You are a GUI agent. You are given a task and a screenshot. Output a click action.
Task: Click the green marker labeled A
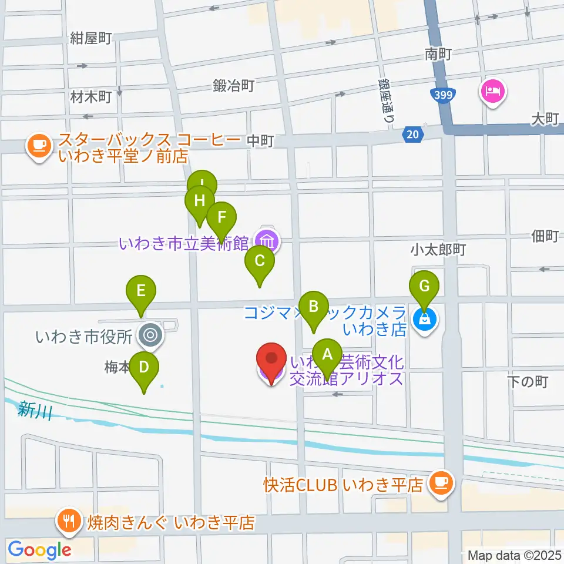click(x=327, y=355)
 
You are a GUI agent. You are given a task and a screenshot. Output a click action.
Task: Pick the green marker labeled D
click(x=144, y=368)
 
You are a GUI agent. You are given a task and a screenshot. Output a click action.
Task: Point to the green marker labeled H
click(x=200, y=202)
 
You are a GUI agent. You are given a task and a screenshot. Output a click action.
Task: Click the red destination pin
click(x=271, y=360)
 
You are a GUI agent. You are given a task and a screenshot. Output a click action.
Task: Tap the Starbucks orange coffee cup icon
click(x=39, y=145)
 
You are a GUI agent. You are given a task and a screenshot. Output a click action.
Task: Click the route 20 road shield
click(x=413, y=135)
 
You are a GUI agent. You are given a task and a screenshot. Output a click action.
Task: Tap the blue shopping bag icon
click(x=424, y=320)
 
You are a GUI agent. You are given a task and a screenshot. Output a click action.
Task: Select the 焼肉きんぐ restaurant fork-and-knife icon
click(x=70, y=519)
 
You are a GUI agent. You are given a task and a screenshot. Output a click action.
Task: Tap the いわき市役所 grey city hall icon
click(x=149, y=336)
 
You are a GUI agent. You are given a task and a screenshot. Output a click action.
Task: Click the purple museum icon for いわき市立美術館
click(x=266, y=240)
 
